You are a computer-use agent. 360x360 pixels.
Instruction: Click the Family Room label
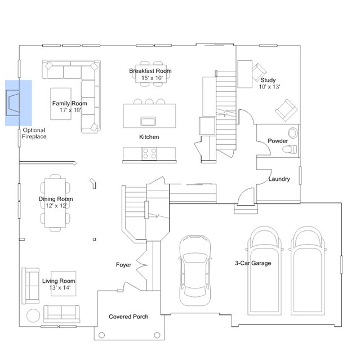69,103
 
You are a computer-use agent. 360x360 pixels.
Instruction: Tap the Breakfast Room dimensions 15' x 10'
152,78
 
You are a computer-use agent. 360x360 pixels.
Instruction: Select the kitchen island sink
148,122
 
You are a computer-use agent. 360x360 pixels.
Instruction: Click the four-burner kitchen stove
149,154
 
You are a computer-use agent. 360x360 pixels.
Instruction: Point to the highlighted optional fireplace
12,103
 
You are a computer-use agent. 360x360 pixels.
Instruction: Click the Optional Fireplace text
34,134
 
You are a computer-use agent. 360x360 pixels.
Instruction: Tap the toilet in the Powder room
290,149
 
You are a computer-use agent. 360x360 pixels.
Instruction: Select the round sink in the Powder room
293,133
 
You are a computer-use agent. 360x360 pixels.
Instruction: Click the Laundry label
279,179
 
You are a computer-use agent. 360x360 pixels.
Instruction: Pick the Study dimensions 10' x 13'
269,87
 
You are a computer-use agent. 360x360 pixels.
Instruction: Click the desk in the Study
245,74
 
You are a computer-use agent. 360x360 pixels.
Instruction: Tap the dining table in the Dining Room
55,203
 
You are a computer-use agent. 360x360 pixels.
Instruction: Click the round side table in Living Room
33,315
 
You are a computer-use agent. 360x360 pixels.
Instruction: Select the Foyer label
123,265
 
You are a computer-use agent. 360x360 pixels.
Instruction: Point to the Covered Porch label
128,317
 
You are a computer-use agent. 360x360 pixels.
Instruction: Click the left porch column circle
102,335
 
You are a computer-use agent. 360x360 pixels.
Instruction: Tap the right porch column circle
157,335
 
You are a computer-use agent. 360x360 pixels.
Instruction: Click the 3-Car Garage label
253,263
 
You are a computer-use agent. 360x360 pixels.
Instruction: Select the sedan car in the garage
195,270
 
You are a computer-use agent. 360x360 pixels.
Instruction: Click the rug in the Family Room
61,104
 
